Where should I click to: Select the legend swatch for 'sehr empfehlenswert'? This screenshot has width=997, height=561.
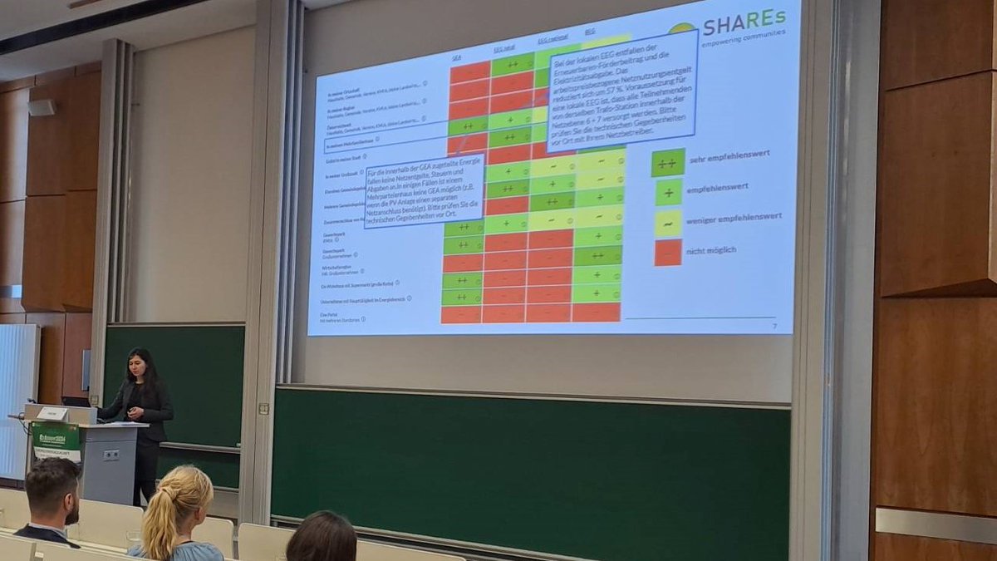668,162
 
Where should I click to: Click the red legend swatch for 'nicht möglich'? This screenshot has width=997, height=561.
668,253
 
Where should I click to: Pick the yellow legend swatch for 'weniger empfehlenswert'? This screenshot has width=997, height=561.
668,223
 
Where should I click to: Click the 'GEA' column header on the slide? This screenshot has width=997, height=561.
457,58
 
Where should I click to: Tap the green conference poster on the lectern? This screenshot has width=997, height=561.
56,440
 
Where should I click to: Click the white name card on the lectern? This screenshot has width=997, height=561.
52,413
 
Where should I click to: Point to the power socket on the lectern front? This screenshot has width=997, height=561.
111,455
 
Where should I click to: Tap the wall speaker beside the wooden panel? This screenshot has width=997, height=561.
41,107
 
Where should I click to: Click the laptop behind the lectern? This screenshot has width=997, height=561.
76,401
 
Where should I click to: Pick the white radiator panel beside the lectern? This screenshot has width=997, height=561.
18,399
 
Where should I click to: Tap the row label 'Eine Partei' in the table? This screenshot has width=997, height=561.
332,315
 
